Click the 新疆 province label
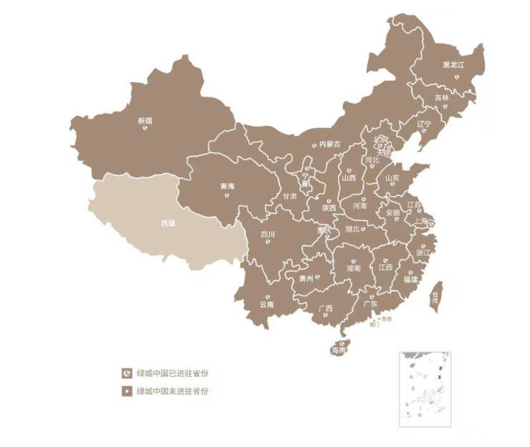coord(145,120)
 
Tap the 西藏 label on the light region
coord(168,223)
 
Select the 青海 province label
coord(227,186)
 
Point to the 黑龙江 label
coord(453,64)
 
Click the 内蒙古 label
coord(330,144)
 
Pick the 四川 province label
coord(268,233)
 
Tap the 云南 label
coord(267,305)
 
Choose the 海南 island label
coord(339,351)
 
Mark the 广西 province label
coord(325,309)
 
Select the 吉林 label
coord(442,97)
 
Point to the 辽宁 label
coord(425,124)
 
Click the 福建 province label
coord(410,279)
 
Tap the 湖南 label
coord(353,268)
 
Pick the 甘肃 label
coord(289,195)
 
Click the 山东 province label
coord(392,178)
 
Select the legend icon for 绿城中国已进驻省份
coord(127,373)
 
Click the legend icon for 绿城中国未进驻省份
coord(127,391)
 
